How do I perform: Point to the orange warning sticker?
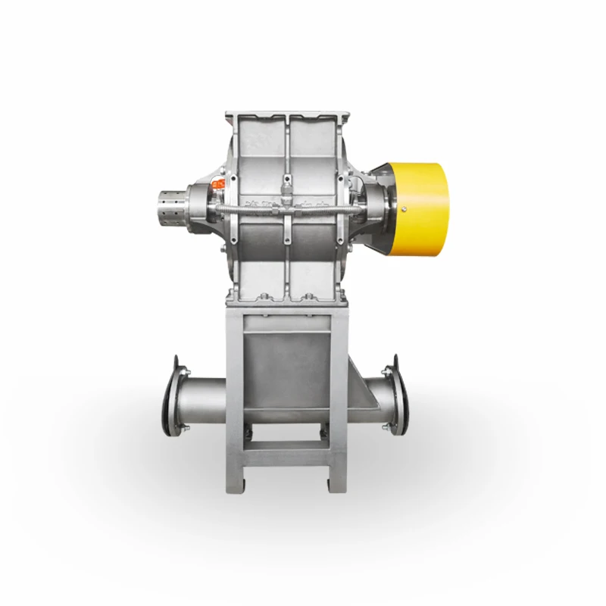click(x=217, y=183)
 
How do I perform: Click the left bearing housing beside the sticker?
click(x=205, y=205)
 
